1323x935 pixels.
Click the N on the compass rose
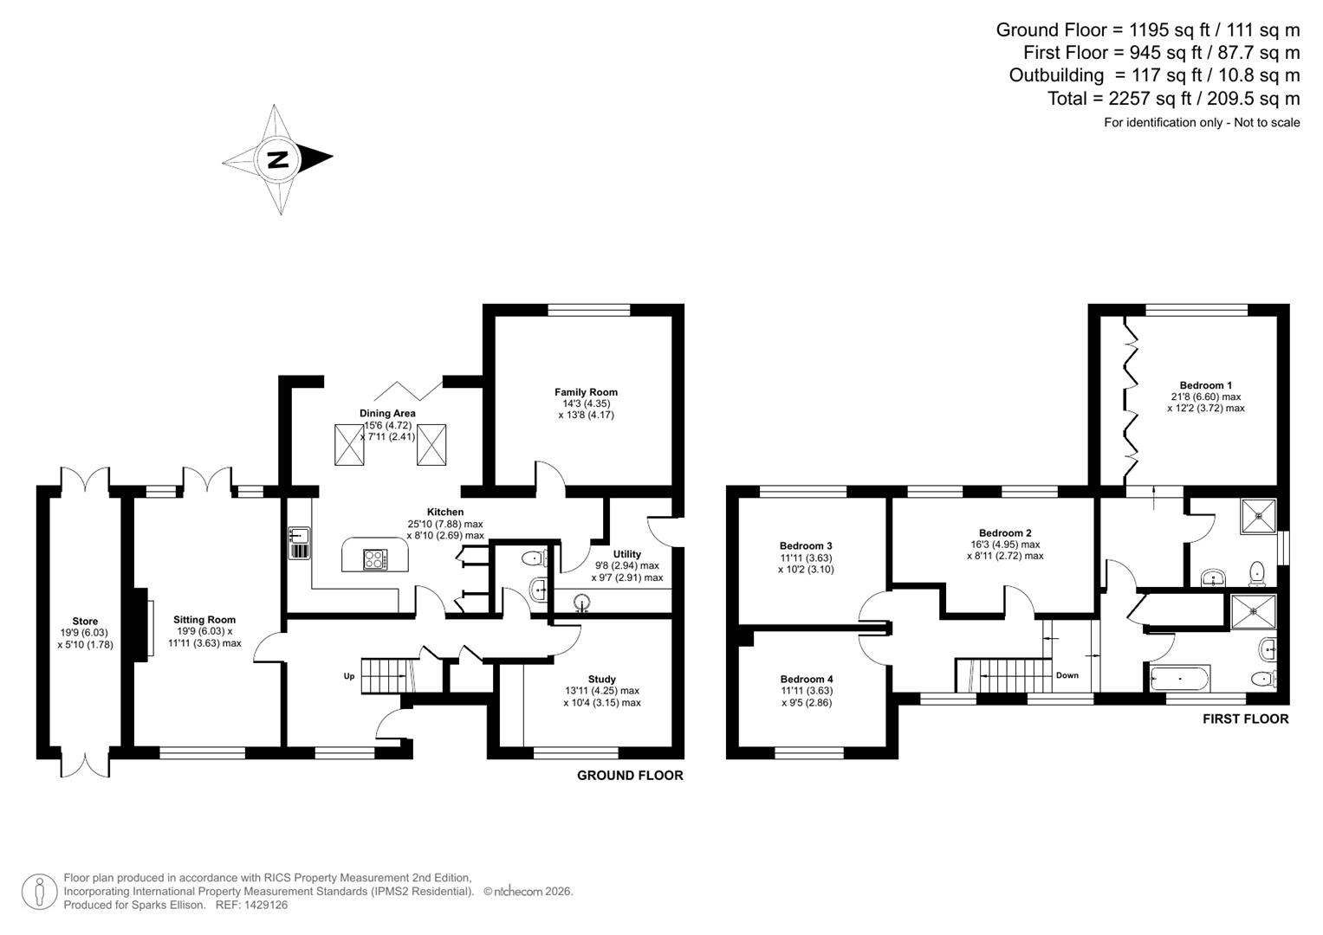(277, 159)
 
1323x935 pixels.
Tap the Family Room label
(586, 392)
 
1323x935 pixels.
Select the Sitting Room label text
(204, 620)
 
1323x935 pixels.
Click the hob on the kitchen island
(375, 559)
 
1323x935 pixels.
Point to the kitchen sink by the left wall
(297, 543)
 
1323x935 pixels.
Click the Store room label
(85, 622)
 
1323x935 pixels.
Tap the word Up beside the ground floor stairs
(349, 675)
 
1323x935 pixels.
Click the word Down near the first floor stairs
(1067, 675)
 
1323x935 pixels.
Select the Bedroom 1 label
(1205, 385)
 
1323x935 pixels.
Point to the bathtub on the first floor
(1179, 678)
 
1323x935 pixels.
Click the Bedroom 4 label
(806, 679)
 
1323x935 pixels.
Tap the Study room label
(601, 680)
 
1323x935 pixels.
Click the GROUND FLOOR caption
(630, 776)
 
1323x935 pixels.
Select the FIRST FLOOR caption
(1245, 719)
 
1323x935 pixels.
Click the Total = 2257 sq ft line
(1173, 99)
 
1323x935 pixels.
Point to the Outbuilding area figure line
(1154, 75)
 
